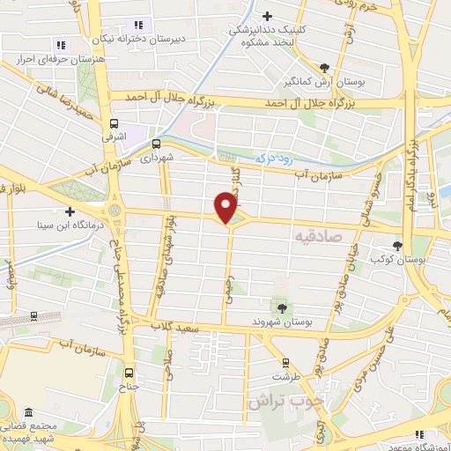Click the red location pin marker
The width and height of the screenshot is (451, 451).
tap(226, 207)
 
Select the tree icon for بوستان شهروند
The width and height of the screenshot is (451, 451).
tap(282, 307)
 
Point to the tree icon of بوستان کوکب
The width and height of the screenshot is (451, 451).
tap(399, 245)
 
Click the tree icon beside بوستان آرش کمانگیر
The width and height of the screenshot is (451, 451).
tap(325, 67)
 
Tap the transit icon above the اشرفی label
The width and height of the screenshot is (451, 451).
tap(115, 124)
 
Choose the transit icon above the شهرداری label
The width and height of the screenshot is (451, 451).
tap(156, 143)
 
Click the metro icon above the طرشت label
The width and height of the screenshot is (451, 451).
tap(285, 361)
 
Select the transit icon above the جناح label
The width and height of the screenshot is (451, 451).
tap(130, 371)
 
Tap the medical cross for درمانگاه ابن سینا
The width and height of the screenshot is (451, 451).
tap(70, 211)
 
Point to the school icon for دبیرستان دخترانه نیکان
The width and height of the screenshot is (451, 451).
tap(137, 25)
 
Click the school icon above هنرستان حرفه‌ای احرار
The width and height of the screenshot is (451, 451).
tap(60, 44)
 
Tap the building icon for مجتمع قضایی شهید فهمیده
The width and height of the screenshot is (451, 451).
tap(30, 412)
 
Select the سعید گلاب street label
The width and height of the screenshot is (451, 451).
tap(178, 327)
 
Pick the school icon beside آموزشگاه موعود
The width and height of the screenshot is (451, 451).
tap(420, 433)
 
